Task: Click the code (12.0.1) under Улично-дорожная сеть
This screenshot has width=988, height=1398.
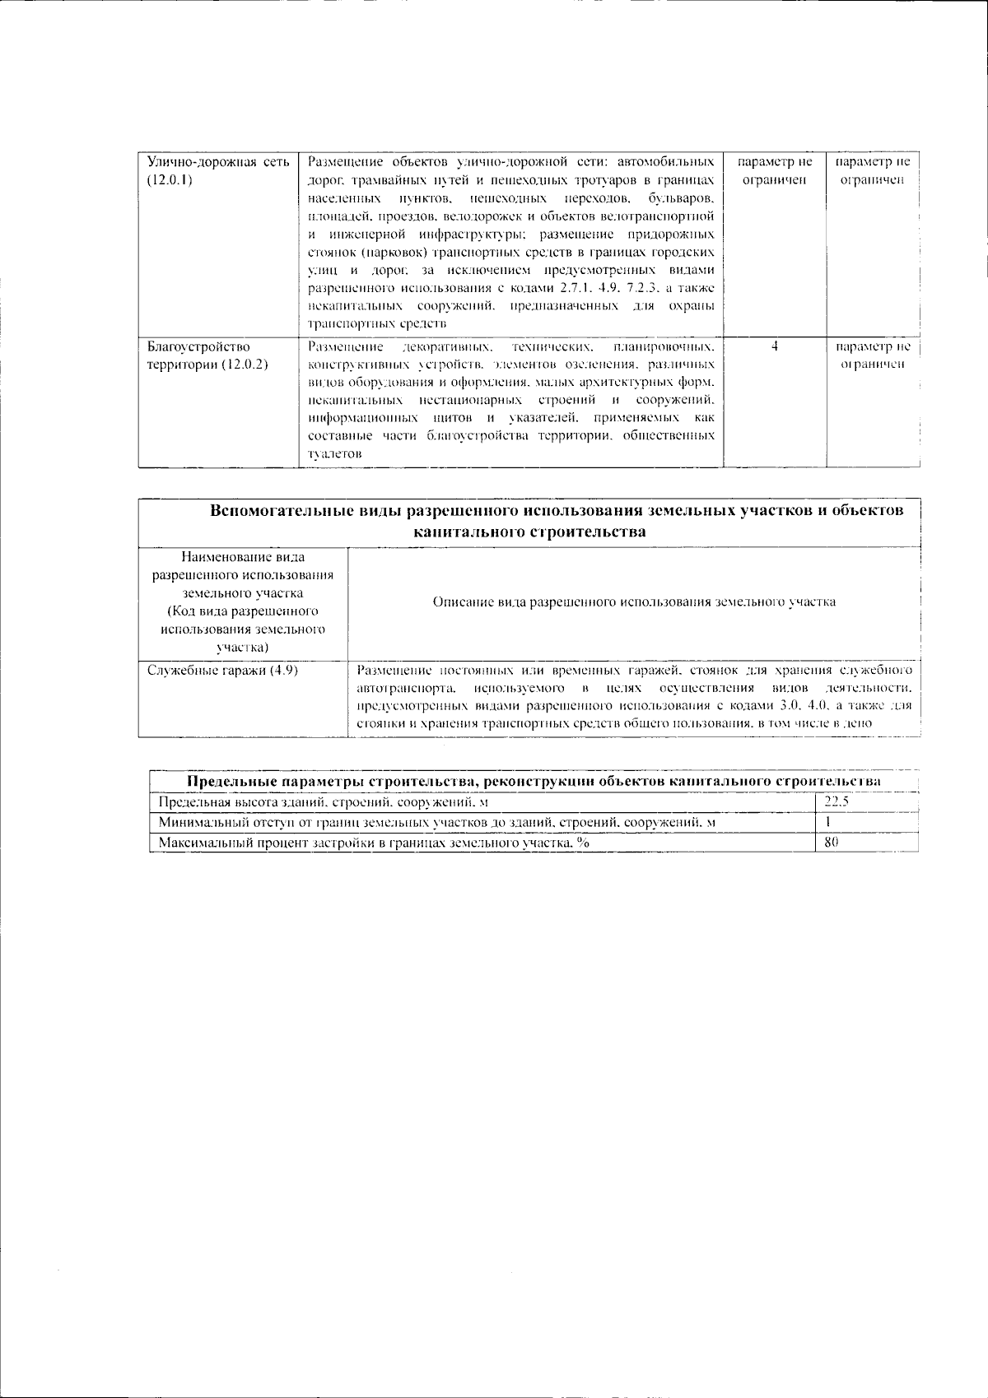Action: pyautogui.click(x=170, y=180)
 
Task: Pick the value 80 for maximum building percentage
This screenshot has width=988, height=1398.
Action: pyautogui.click(x=831, y=843)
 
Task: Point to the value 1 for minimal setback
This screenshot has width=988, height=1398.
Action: pyautogui.click(x=827, y=822)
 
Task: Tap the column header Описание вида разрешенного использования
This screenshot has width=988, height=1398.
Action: pyautogui.click(x=634, y=601)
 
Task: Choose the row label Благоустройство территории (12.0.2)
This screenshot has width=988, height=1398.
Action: pyautogui.click(x=207, y=355)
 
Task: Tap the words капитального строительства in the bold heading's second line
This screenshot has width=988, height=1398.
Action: pyautogui.click(x=529, y=532)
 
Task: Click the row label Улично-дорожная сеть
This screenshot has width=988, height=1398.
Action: pyautogui.click(x=217, y=162)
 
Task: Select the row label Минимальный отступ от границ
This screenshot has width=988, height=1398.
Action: pyautogui.click(x=436, y=822)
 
